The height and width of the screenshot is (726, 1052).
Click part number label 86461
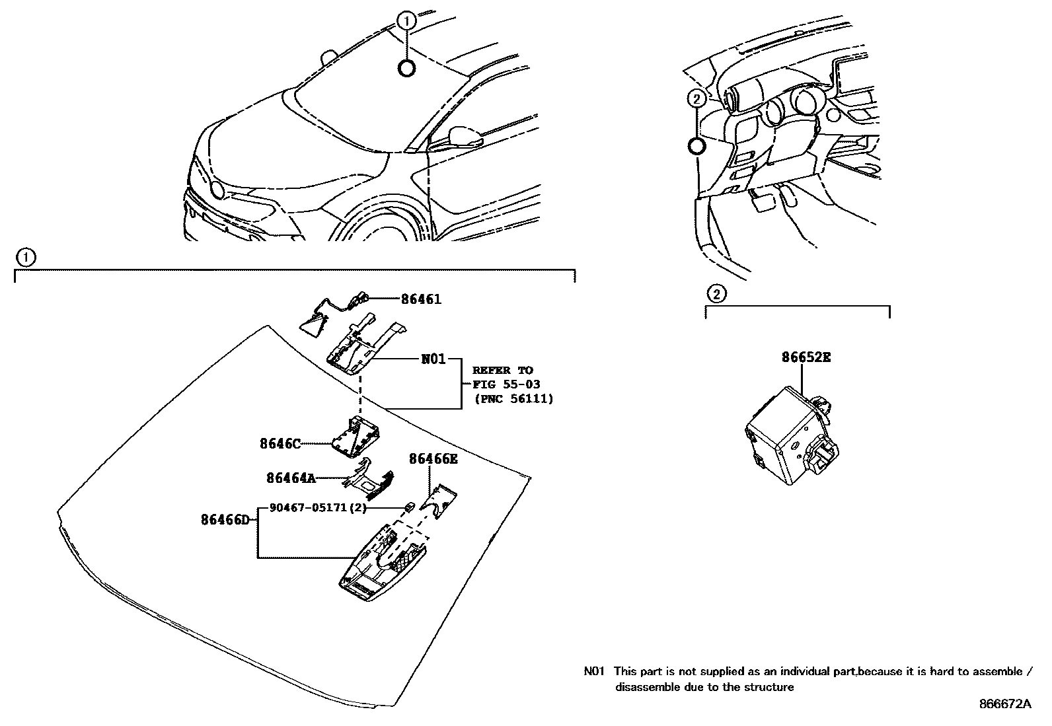[x=421, y=299]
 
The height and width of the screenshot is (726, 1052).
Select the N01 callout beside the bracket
[x=433, y=359]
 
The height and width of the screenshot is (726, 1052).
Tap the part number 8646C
[x=280, y=444]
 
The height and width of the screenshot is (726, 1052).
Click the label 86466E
[x=433, y=458]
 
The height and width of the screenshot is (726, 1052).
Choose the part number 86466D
[x=225, y=520]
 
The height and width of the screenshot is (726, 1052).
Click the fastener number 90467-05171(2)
[x=318, y=508]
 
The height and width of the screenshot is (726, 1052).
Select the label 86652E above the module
[x=806, y=357]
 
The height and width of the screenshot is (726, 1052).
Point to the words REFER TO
[x=502, y=370]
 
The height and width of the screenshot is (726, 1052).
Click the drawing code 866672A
[x=1004, y=704]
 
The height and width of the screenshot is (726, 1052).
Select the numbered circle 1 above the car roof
[x=407, y=21]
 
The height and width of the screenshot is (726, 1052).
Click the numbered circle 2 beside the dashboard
[x=695, y=99]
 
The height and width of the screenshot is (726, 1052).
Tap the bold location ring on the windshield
[x=407, y=67]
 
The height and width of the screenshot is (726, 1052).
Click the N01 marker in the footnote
[x=594, y=672]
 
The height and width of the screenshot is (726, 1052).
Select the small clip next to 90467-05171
[x=409, y=507]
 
